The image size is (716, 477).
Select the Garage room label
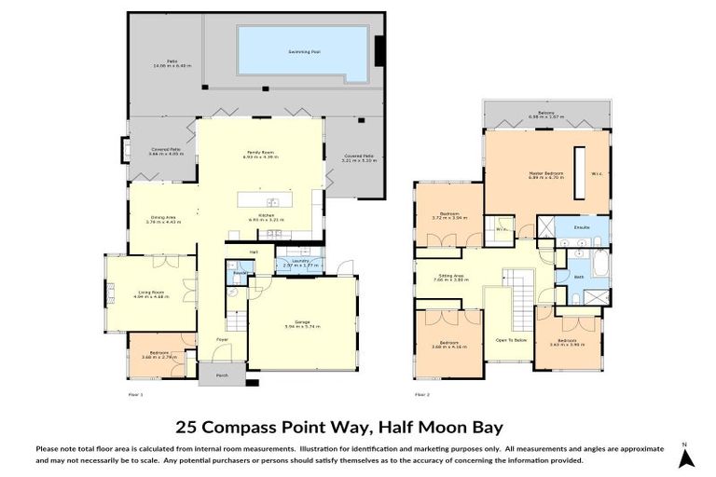pyautogui.click(x=302, y=323)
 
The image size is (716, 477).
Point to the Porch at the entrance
pyautogui.click(x=222, y=375)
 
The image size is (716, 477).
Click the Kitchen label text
pyautogui.click(x=266, y=214)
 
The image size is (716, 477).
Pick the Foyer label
pyautogui.click(x=223, y=339)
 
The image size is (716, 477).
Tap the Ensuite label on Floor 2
pyautogui.click(x=582, y=226)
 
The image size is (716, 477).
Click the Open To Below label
pyautogui.click(x=512, y=340)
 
